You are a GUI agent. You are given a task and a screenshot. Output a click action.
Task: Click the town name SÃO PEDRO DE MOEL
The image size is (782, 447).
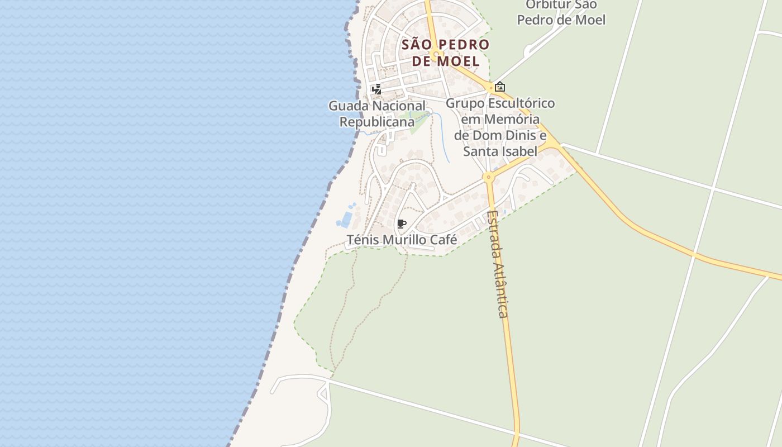[445, 53]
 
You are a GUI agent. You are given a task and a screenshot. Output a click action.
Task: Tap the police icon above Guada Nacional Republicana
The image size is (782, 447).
[377, 89]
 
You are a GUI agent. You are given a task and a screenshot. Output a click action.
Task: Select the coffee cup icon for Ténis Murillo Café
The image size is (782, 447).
[401, 224]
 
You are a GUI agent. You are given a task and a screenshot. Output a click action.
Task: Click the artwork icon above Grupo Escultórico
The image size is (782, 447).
[500, 87]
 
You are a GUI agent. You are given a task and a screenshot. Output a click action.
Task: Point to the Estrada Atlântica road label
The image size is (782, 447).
[497, 264]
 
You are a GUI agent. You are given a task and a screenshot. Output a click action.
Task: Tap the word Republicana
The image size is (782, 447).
[377, 121]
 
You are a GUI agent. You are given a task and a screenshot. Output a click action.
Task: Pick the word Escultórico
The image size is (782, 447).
[522, 103]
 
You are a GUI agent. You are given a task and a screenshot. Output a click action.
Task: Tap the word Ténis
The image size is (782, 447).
[362, 240]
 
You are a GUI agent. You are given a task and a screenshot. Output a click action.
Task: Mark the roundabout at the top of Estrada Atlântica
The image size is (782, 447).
[489, 178]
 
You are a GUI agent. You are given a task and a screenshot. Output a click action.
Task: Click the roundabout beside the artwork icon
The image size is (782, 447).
[490, 88]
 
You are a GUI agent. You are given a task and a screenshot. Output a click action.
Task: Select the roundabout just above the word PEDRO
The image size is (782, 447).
[435, 54]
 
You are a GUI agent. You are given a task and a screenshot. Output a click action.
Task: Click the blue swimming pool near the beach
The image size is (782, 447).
[346, 220]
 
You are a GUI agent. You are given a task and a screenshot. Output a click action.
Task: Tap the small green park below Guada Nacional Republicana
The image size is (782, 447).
[419, 122]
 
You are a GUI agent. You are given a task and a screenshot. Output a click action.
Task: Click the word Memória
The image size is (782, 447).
[512, 119]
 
